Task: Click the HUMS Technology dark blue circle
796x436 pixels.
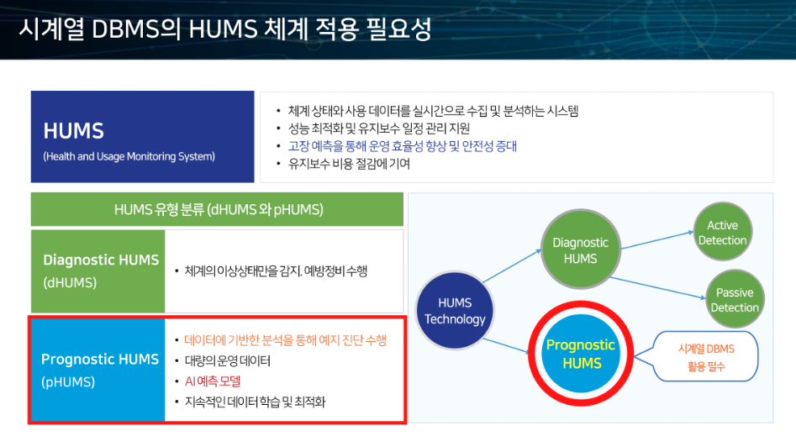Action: (455, 311)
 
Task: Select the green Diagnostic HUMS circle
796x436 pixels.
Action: (580, 250)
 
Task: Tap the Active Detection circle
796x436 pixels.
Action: (722, 232)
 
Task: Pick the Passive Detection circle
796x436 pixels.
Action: (735, 299)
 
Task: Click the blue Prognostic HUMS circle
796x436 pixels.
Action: (581, 354)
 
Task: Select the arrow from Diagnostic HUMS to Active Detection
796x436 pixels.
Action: (657, 240)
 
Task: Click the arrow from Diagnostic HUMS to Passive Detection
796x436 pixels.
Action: (657, 288)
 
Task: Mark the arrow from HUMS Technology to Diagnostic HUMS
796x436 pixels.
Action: (512, 265)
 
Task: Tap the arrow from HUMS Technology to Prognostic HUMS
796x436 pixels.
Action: (506, 345)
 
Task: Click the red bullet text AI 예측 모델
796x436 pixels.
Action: (212, 381)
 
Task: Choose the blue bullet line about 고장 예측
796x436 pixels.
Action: (402, 146)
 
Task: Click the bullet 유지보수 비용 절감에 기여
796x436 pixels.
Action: (349, 164)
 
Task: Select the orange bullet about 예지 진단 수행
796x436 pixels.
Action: (285, 340)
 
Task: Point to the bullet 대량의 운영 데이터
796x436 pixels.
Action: (228, 361)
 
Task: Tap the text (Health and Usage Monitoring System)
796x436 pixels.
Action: (129, 156)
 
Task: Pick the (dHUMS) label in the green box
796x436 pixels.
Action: (70, 283)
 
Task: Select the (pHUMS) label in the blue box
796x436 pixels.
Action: (68, 381)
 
